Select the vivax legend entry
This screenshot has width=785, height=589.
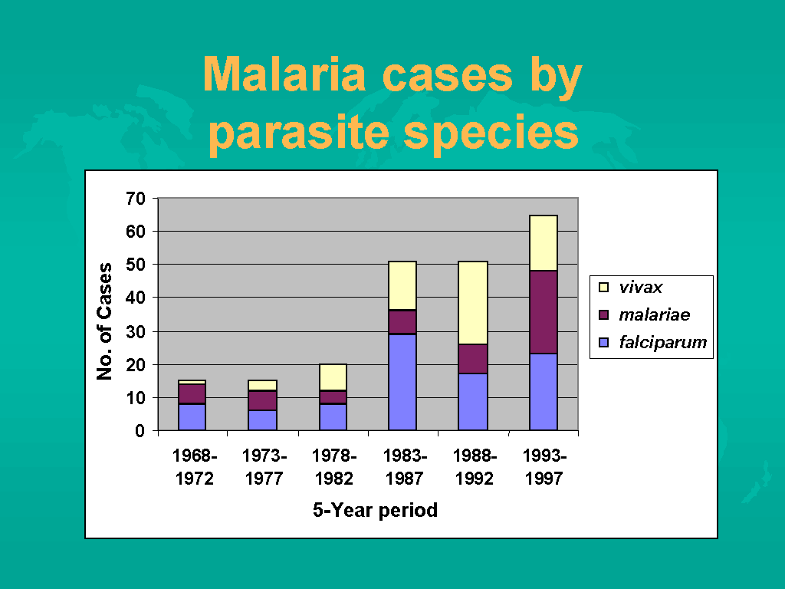[x=641, y=288]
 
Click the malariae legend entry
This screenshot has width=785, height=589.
[x=654, y=314]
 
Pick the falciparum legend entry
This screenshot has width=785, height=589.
[x=662, y=342]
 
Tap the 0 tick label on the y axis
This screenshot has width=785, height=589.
[x=140, y=431]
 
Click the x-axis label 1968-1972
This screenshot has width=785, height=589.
[x=194, y=467]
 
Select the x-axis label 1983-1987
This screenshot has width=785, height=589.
[x=404, y=467]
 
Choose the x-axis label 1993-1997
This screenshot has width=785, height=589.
[x=544, y=467]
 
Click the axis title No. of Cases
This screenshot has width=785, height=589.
[x=105, y=321]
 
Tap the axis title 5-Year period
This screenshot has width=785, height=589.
[x=375, y=510]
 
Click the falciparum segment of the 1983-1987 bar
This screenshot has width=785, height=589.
[x=402, y=382]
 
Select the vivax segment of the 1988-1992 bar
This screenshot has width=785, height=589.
[x=472, y=303]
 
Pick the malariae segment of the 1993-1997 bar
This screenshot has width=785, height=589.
[x=544, y=312]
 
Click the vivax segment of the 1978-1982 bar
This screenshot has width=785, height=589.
[x=333, y=377]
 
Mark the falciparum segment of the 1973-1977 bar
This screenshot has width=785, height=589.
[x=262, y=420]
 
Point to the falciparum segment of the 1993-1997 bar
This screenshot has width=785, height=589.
[x=544, y=391]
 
